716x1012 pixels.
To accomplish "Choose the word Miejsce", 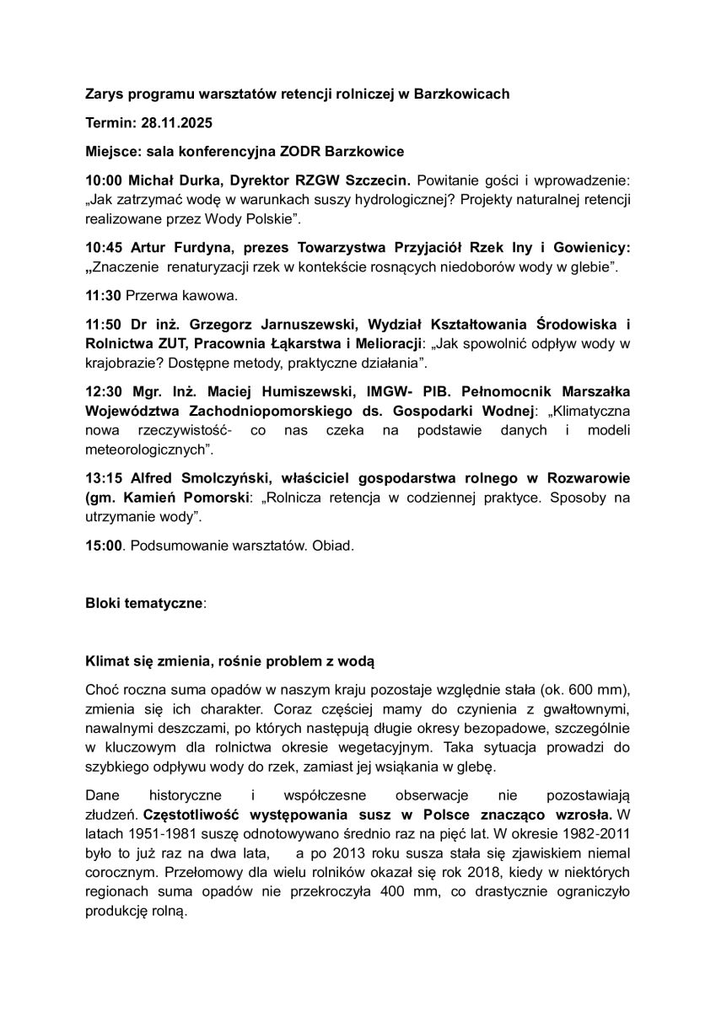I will [113, 152].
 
